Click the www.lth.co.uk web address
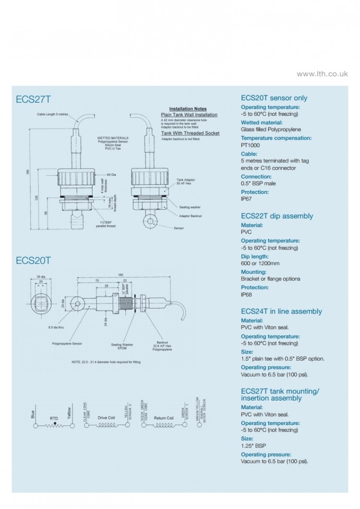322,74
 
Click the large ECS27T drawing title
33,99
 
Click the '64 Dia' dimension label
112,174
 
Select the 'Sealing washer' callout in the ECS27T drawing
190,207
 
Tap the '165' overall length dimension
120,275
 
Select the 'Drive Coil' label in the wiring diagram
106,418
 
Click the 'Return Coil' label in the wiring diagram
163,418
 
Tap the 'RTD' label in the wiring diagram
54,418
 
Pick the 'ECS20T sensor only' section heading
274,98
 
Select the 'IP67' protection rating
246,199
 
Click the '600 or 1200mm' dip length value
260,263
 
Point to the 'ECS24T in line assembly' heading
281,311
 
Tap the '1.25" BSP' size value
253,446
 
